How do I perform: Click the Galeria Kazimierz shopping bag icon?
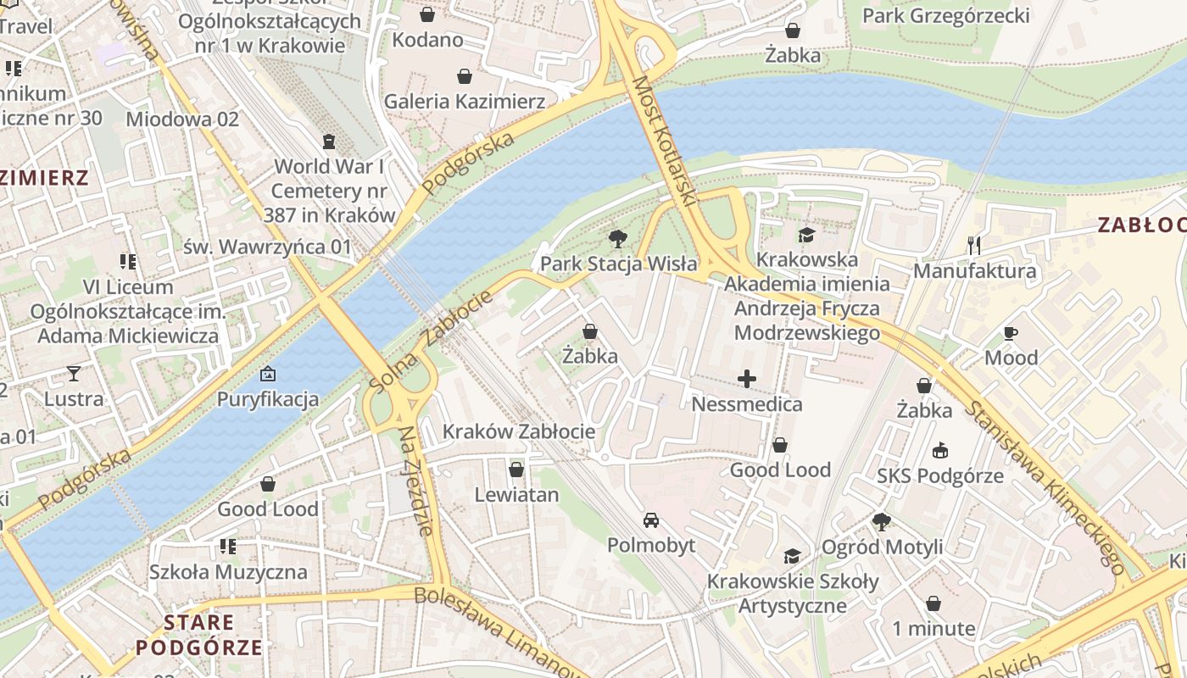click(465, 77)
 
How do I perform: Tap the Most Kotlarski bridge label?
click(664, 141)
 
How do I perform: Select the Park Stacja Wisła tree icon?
click(618, 239)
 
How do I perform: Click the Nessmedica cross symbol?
click(746, 379)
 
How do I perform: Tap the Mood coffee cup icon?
click(1010, 333)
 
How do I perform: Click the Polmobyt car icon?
click(650, 520)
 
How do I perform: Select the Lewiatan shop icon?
click(516, 470)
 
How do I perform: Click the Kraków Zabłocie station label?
click(519, 431)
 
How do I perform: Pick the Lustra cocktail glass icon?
click(74, 374)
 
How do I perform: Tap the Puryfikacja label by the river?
click(268, 398)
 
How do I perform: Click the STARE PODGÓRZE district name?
click(199, 636)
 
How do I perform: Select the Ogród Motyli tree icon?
click(882, 522)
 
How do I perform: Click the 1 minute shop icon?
click(933, 603)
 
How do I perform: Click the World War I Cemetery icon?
click(329, 142)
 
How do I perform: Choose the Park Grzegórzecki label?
click(945, 16)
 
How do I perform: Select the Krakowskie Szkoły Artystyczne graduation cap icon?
click(792, 556)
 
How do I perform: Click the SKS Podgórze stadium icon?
click(939, 451)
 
